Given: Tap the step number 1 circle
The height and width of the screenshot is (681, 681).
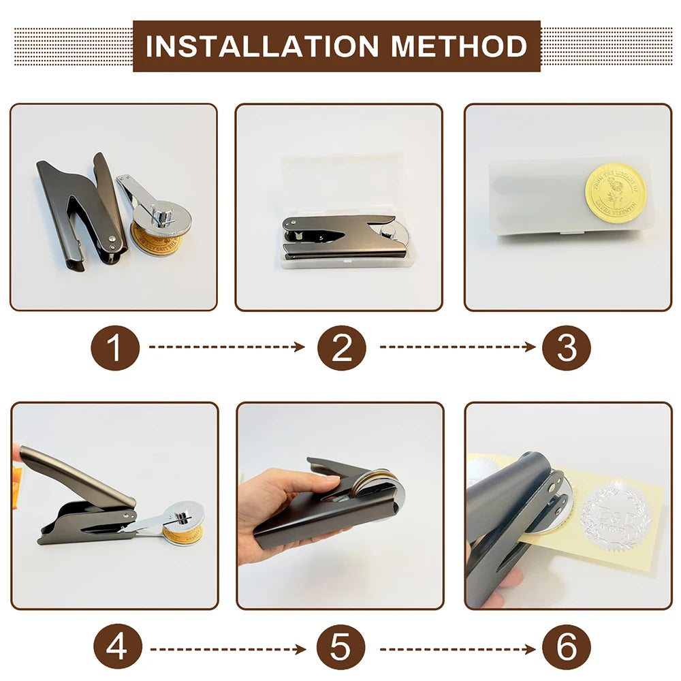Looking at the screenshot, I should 115,347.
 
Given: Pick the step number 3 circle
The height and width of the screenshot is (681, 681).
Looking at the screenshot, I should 567,347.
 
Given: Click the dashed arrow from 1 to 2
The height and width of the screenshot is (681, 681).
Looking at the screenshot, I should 227,347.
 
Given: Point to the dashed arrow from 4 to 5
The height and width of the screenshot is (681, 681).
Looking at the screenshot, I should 227,648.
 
